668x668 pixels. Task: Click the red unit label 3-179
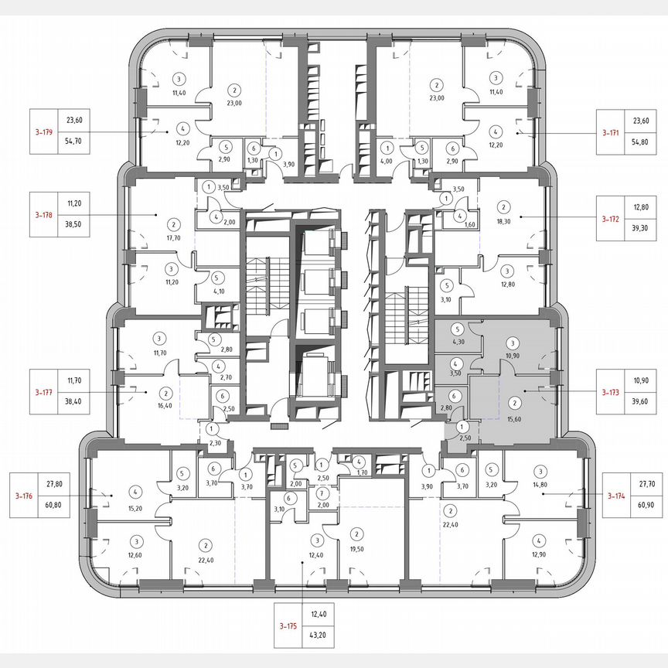coord(43,132)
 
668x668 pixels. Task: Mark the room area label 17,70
coord(174,238)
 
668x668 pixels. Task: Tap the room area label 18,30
coord(503,220)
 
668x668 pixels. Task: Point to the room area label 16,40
coord(165,406)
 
